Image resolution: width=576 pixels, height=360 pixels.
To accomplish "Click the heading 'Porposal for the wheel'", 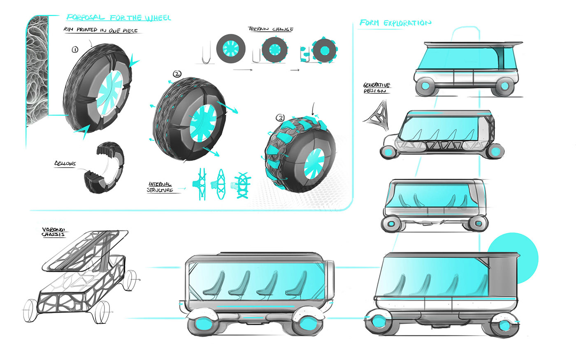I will (x=118, y=18).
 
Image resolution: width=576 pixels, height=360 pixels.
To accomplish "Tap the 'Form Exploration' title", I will (x=395, y=23).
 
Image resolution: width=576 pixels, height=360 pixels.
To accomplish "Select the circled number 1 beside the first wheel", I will (x=75, y=49).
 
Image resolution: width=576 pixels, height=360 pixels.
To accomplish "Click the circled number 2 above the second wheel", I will (x=177, y=74).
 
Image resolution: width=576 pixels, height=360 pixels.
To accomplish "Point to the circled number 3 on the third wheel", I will (x=280, y=118).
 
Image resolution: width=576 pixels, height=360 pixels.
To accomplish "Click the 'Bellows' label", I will (x=65, y=164).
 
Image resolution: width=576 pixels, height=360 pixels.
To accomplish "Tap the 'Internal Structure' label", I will (x=160, y=187).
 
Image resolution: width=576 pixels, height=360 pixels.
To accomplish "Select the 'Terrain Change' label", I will (x=271, y=29).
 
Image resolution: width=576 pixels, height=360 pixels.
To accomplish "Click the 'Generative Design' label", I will (x=376, y=88).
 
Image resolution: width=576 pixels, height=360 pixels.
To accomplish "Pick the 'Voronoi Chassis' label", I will (x=53, y=232).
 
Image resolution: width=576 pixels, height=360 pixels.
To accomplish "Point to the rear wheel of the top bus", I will (x=503, y=87).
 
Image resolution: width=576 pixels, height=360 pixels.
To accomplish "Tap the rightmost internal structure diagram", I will (x=241, y=186).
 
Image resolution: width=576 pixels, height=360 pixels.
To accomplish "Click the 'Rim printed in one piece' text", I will (x=101, y=30).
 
